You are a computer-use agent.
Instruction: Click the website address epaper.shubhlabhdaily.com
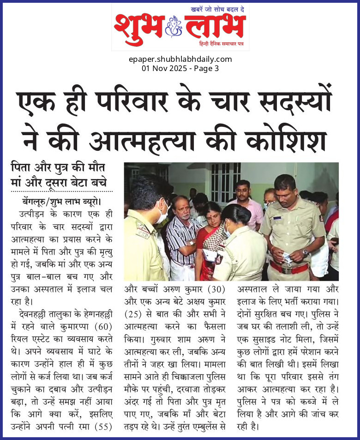(x=180, y=59)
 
